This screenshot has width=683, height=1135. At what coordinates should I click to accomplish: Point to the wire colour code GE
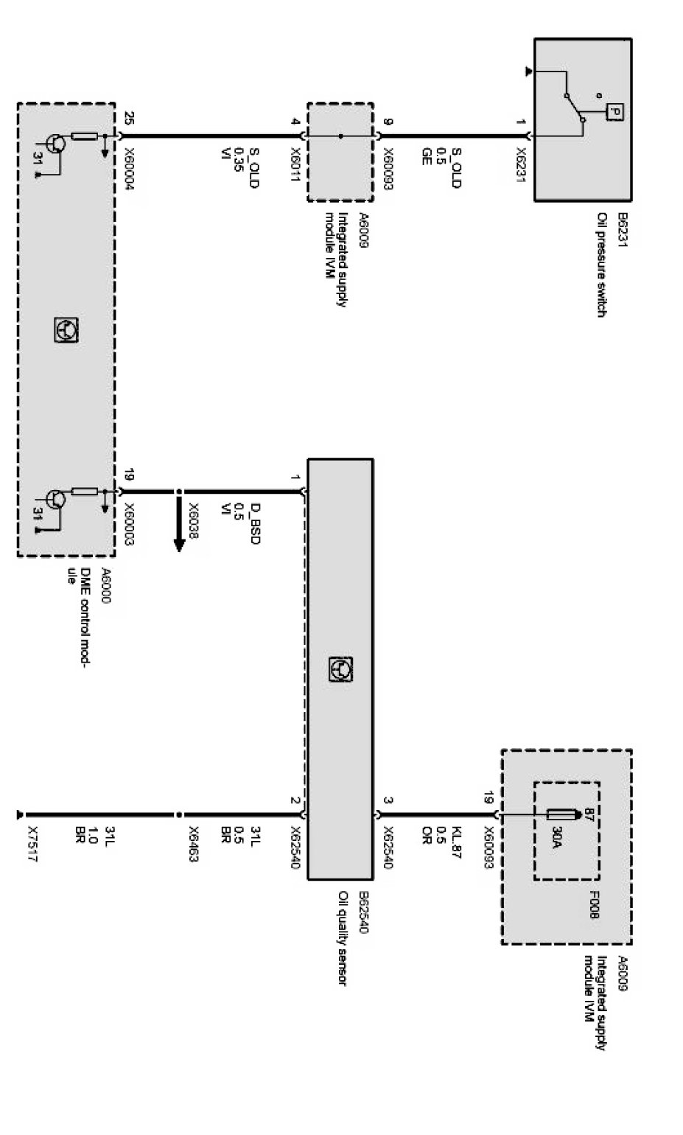426,156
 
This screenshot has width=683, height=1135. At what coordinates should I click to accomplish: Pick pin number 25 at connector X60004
130,117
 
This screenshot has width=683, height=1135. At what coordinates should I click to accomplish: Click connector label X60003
130,525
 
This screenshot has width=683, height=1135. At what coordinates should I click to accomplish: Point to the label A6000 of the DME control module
106,586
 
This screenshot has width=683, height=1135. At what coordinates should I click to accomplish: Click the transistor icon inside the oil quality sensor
340,669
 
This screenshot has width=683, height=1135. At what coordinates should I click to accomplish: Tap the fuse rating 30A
557,838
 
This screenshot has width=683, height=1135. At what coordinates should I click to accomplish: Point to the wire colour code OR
426,833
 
